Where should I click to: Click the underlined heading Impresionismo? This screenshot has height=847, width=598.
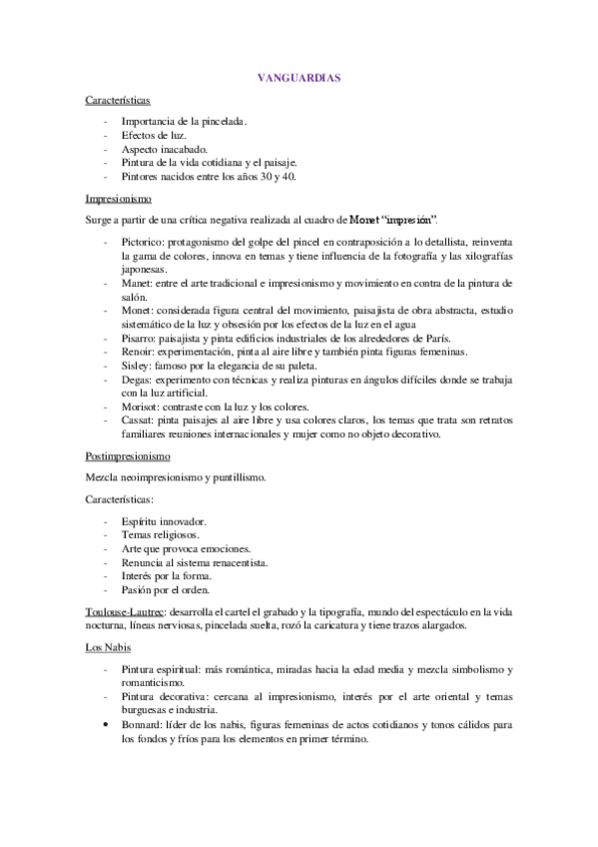pyautogui.click(x=118, y=198)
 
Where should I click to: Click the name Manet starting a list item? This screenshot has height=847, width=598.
pyautogui.click(x=137, y=284)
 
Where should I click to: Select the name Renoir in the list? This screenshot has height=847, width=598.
pyautogui.click(x=138, y=353)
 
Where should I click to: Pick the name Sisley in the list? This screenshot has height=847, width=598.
pyautogui.click(x=136, y=367)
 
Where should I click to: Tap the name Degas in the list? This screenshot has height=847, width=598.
pyautogui.click(x=137, y=381)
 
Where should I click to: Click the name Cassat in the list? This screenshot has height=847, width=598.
pyautogui.click(x=138, y=421)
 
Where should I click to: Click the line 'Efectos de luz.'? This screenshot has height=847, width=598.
pyautogui.click(x=153, y=135)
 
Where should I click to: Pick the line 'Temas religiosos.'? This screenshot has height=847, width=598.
pyautogui.click(x=160, y=535)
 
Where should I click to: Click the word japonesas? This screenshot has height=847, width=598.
pyautogui.click(x=144, y=270)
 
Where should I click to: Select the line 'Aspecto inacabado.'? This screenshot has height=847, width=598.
pyautogui.click(x=164, y=149)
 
